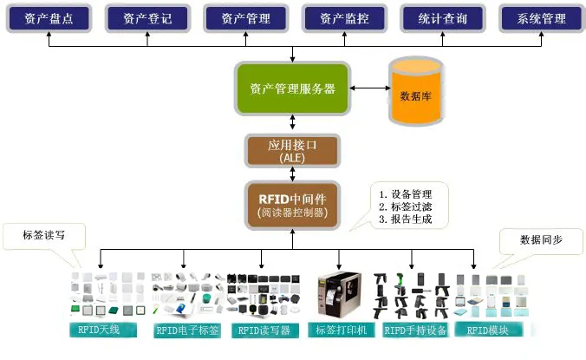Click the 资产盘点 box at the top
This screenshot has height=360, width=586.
pyautogui.click(x=49, y=18)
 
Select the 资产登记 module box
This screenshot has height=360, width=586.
pyautogui.click(x=147, y=18)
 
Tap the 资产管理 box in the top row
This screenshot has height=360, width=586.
pyautogui.click(x=246, y=18)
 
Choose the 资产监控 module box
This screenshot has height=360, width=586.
pyautogui.click(x=345, y=18)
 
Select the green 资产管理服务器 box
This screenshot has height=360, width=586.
pyautogui.click(x=292, y=88)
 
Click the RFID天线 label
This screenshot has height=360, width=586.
pyautogui.click(x=102, y=330)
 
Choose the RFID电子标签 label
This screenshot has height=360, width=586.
pyautogui.click(x=186, y=330)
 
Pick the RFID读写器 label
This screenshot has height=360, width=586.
pyautogui.click(x=263, y=330)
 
